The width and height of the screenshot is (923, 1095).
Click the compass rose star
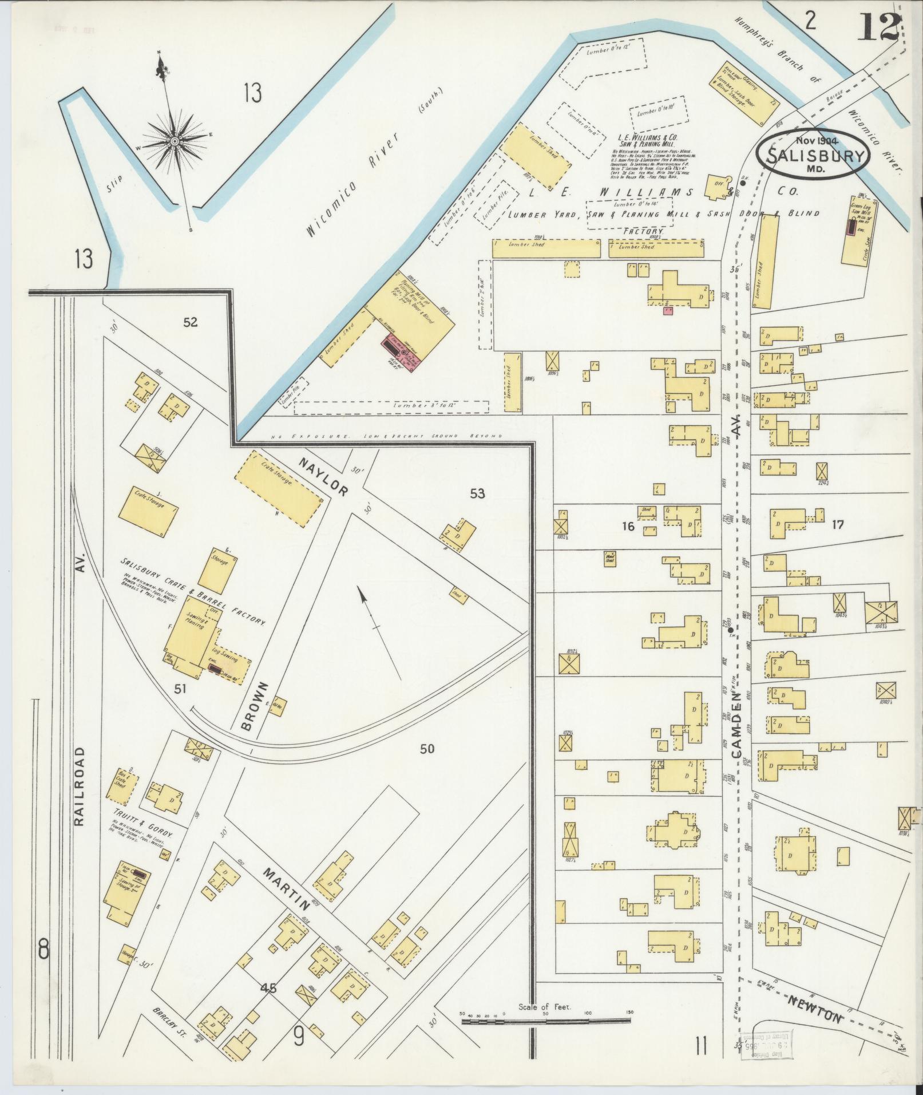tap(174, 140)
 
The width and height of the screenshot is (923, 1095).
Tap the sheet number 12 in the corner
tap(878, 26)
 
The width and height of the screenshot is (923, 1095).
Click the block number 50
tap(427, 748)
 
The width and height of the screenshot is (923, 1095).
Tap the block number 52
tap(190, 322)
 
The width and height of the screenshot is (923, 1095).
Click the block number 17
tap(838, 524)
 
